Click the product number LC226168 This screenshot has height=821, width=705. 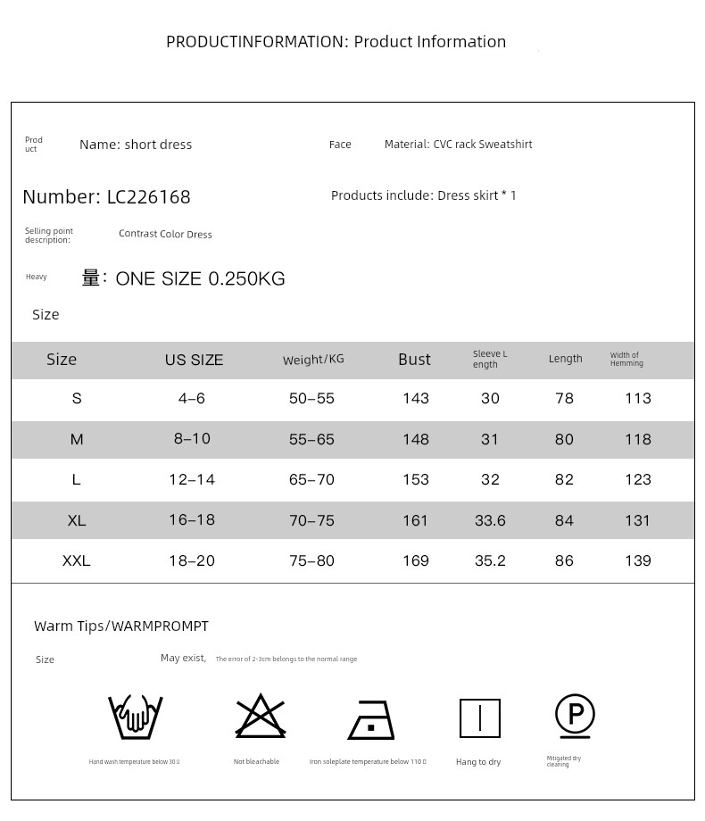pos(148,197)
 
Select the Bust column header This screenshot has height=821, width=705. pos(414,360)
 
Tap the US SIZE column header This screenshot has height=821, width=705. pos(194,361)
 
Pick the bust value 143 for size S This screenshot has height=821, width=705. pos(416,399)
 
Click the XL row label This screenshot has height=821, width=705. pos(77,520)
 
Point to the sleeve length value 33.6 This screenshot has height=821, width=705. pos(490,520)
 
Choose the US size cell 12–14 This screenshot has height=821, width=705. pos(192,480)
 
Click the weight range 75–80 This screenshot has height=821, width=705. pos(311,561)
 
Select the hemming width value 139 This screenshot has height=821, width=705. pos(638,561)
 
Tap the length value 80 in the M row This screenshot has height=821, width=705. pos(564,439)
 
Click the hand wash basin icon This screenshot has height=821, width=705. pos(135,717)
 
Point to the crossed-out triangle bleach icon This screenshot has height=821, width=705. pos(260,716)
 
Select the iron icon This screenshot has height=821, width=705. pos(371,719)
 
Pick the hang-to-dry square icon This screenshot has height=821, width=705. pos(479,718)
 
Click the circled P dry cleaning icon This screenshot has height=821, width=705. pos(575,716)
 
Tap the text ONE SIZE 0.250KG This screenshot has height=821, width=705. pos(201,279)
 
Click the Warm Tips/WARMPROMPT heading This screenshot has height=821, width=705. pos(121,626)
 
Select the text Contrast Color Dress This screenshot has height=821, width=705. pos(165,235)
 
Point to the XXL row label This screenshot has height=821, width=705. pos(77,561)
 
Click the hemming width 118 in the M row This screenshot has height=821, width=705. pos(638,439)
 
